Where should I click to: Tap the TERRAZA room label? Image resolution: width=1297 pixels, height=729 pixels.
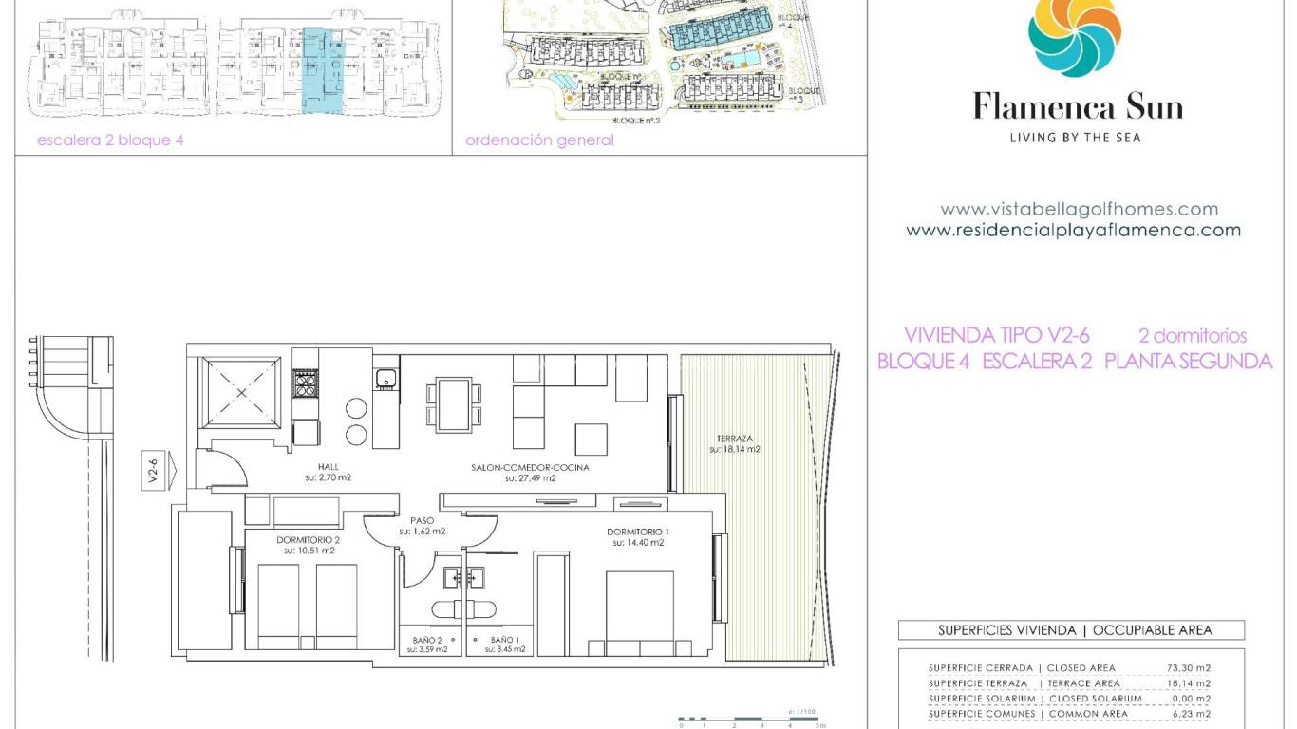[734, 443]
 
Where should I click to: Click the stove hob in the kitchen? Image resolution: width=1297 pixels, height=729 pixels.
[304, 383]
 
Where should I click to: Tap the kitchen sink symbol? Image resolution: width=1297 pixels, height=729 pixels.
[385, 380]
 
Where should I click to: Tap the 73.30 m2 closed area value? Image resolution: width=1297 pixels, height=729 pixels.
[1188, 668]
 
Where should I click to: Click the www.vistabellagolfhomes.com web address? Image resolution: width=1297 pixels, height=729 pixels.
[1079, 209]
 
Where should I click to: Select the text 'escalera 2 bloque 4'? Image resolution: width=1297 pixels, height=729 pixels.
[110, 140]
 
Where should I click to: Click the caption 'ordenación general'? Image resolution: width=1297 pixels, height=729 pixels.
[539, 140]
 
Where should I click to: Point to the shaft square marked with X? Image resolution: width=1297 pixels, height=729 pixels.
[242, 392]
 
